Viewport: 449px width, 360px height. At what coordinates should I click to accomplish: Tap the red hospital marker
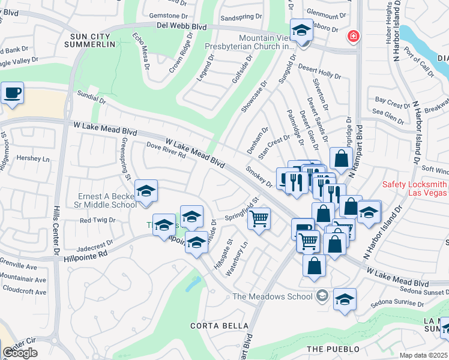[x=354, y=37]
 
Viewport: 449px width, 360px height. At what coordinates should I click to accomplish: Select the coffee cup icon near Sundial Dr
[x=12, y=94]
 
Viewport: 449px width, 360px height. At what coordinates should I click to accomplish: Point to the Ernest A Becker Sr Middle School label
[x=108, y=200]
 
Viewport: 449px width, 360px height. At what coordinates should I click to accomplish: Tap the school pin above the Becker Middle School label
[x=146, y=191]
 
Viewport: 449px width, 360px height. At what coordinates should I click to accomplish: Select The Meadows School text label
[x=273, y=296]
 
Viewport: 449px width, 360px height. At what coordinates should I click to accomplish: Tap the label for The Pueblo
[x=333, y=349]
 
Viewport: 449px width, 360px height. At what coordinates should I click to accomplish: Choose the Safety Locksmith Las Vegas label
[x=415, y=188]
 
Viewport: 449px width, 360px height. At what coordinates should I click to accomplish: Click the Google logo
[x=20, y=353]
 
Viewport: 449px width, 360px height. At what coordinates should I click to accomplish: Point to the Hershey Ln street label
[x=37, y=159]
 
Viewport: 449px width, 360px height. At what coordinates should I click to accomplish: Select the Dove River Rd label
[x=166, y=150]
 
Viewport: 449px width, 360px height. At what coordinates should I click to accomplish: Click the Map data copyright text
[x=424, y=355]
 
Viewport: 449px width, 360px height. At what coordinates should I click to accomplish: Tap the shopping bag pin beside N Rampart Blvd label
[x=341, y=159]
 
